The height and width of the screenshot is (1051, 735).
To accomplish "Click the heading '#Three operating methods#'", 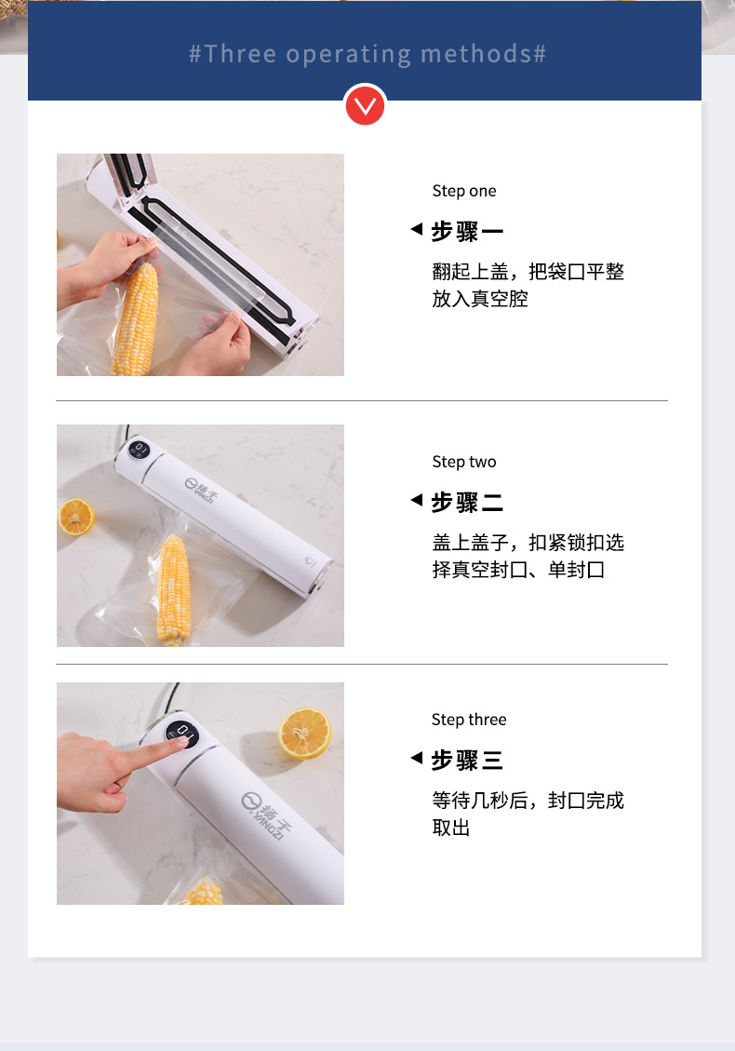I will click(x=367, y=53).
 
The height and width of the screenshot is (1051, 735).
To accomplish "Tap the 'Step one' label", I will click(x=464, y=191).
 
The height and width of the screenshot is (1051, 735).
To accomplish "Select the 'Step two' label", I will click(x=464, y=462).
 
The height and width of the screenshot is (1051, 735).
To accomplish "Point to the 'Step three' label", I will click(x=469, y=720).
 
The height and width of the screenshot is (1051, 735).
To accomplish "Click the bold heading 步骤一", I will click(x=467, y=231).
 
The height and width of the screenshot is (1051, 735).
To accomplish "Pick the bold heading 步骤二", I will click(x=467, y=503).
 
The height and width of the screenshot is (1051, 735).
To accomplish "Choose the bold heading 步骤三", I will click(x=467, y=761).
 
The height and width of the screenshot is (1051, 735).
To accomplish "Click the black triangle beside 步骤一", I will click(x=417, y=229).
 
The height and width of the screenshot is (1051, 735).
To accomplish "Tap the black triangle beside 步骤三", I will click(x=417, y=759).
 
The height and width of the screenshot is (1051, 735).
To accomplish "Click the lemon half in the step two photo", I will click(x=76, y=516).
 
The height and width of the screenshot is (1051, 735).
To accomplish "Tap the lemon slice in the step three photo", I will click(x=304, y=733).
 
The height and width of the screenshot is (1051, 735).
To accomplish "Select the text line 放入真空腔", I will click(x=480, y=300).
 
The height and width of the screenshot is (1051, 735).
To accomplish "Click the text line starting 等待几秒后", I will click(x=528, y=801).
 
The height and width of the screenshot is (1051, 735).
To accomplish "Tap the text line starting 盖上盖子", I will click(x=528, y=543).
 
